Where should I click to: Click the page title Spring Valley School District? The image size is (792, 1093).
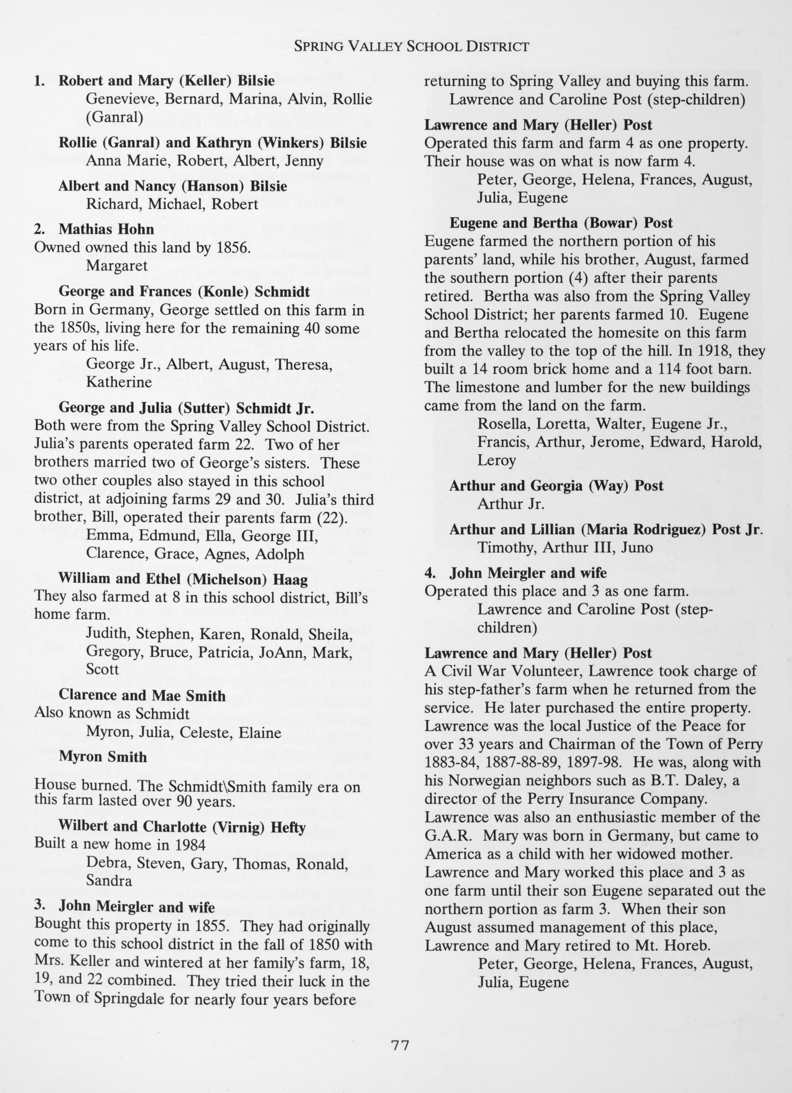click(411, 46)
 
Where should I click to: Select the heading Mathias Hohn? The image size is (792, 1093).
click(106, 229)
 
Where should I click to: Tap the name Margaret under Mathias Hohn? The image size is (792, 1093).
click(117, 266)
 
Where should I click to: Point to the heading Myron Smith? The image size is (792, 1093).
click(103, 757)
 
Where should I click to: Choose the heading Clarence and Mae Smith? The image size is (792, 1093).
click(142, 695)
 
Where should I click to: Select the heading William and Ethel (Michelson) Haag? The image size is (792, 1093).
click(183, 578)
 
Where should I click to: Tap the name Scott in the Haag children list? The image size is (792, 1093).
click(103, 669)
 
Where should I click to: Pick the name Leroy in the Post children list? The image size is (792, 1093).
click(496, 460)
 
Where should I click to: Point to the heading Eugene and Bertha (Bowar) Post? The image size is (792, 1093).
click(561, 223)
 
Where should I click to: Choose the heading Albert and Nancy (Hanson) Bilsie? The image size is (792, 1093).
click(173, 186)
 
